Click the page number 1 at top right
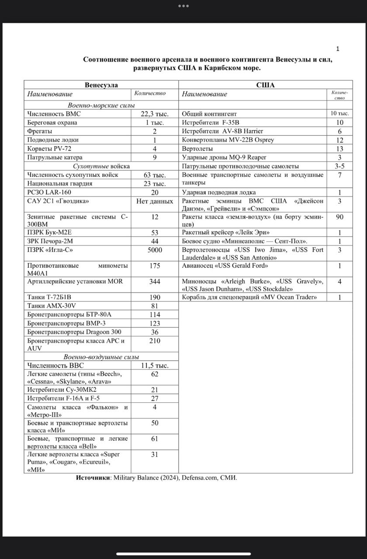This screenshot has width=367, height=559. click(337, 48)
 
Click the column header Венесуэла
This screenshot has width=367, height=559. click(101, 85)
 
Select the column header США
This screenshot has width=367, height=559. click(266, 85)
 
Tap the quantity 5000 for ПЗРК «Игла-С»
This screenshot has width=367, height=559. click(155, 250)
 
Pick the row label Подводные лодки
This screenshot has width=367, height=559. click(50, 140)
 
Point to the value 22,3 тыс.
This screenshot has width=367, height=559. click(155, 114)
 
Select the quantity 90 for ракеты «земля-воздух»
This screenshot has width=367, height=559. click(339, 217)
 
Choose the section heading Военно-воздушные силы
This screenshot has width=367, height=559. click(101, 357)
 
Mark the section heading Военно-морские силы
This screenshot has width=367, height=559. click(101, 105)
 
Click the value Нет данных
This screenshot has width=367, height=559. click(155, 201)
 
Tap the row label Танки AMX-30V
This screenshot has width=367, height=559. click(54, 306)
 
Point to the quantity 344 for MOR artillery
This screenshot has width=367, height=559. click(155, 282)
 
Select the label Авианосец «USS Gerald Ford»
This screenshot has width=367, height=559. click(225, 266)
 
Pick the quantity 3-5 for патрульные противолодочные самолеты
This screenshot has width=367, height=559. click(339, 166)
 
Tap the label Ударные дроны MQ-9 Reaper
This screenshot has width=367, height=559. click(224, 157)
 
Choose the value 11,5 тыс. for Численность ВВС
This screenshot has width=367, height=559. click(155, 366)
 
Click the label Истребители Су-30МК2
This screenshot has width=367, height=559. click(62, 390)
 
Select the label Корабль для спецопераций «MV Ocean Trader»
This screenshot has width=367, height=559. click(249, 297)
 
